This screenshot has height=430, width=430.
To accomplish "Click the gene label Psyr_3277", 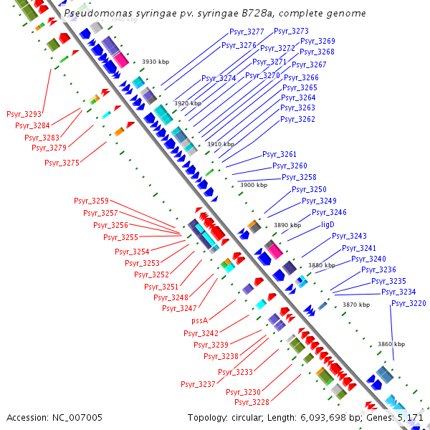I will pos(247,32).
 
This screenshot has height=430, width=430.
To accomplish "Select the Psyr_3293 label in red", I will pos(24,114).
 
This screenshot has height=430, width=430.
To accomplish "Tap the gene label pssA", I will pos(200,321).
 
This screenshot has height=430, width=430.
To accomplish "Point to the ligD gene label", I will pos(328,224).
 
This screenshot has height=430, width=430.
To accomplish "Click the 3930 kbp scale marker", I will pos(155,62).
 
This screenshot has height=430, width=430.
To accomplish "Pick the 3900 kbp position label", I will pos(253,185).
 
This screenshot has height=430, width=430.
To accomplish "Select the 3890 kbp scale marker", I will pos(287,225).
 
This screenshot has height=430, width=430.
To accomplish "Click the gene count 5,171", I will pos(411,417).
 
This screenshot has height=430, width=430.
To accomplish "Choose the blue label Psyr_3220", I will pos(408,304).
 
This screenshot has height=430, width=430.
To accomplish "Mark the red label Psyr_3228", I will pos(252,402).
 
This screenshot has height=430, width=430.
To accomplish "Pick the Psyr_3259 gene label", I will pos(91,201).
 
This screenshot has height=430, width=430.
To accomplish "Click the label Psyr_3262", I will pos(298,119).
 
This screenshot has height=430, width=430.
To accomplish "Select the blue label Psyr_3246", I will pos(329,212).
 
